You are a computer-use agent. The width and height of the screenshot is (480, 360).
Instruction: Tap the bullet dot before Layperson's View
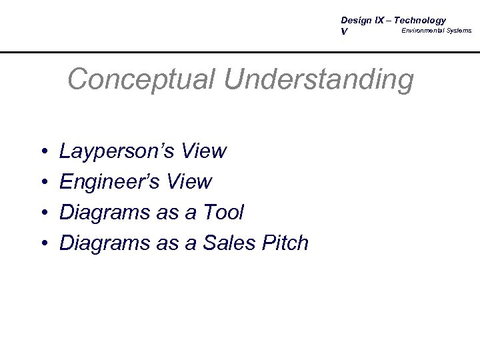42,152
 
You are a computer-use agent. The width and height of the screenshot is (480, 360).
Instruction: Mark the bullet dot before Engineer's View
42,183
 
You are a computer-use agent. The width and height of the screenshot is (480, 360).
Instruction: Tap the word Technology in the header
421,21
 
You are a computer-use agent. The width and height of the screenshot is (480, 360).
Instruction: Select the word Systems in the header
459,31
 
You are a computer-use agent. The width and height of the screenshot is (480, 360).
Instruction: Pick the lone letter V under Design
344,32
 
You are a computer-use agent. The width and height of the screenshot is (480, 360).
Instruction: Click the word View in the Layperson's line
203,152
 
